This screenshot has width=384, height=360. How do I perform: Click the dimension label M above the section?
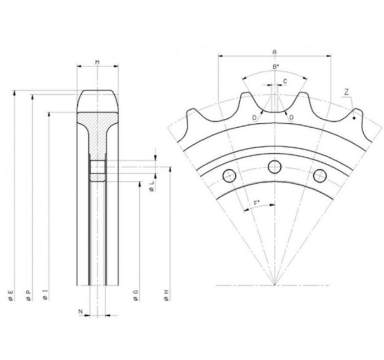[98, 62]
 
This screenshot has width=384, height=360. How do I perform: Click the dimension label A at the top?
[274, 52]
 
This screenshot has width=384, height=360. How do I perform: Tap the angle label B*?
[276, 66]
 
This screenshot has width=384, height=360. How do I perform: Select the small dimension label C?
[285, 81]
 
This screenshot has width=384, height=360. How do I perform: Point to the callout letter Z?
[346, 92]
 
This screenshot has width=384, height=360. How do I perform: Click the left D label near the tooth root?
[255, 118]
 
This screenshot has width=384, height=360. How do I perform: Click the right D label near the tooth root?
[291, 118]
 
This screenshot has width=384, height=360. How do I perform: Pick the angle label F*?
[257, 203]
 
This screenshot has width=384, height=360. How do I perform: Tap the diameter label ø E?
[11, 295]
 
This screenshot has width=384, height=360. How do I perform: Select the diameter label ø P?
[29, 295]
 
